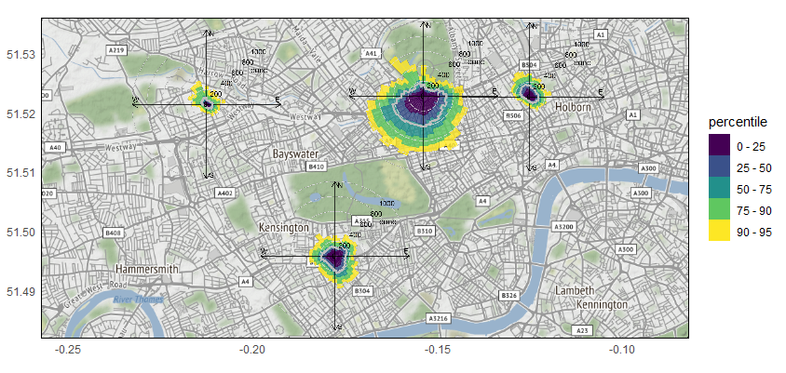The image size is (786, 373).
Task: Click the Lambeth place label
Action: [x=575, y=290]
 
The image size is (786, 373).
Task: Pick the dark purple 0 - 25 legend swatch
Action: [x=720, y=146]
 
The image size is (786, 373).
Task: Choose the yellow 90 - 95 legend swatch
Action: [x=720, y=232]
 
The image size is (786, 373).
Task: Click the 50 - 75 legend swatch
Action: [x=720, y=189]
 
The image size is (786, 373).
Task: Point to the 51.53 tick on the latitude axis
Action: [x=20, y=55]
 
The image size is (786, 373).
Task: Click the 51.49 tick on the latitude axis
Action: [x=20, y=292]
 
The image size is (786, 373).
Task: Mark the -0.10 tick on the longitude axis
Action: [x=622, y=350]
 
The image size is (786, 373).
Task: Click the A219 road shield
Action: [x=116, y=49]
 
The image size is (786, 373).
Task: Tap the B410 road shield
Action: [x=316, y=167]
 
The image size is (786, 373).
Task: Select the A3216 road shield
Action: [x=439, y=318]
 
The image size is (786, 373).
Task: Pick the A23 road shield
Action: [x=583, y=330]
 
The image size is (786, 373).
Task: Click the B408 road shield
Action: [x=114, y=233]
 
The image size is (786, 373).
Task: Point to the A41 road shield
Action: [x=371, y=54]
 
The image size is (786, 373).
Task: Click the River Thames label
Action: [x=132, y=300]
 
